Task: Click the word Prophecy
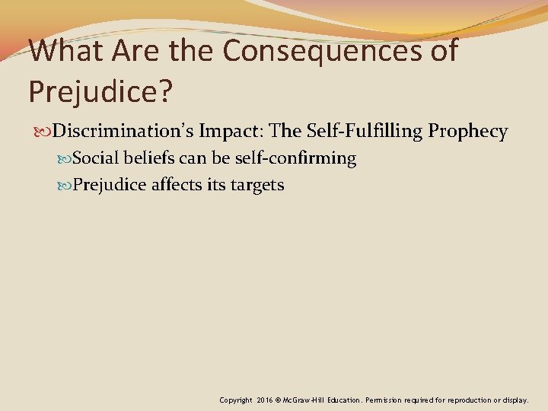tap(468, 132)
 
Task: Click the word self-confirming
tap(292, 158)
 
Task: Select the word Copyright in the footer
tap(237, 400)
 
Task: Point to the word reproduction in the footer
tap(476, 400)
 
